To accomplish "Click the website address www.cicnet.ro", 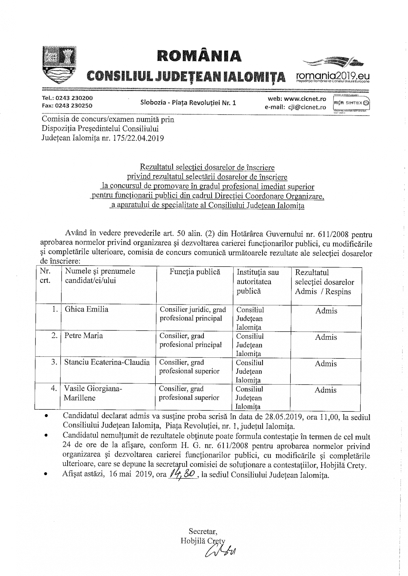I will click(x=305, y=99).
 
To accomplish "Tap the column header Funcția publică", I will click(x=195, y=272).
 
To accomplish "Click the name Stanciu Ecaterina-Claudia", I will click(x=107, y=362).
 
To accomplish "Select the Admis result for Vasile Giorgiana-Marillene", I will click(x=326, y=390).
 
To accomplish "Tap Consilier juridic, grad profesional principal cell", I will click(x=193, y=314).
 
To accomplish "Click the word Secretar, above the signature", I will click(x=203, y=531).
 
